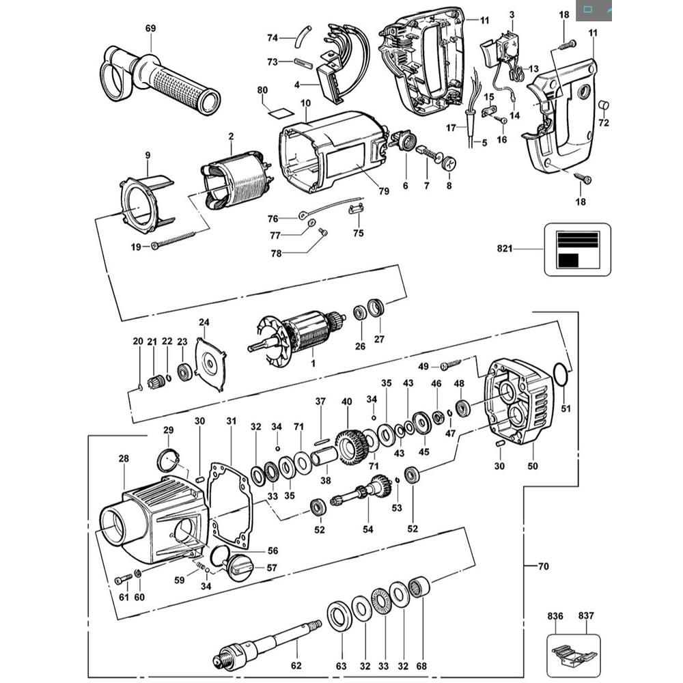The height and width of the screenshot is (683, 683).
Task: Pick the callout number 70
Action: pos(543,566)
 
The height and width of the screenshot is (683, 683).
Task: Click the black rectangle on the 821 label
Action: pos(568,260)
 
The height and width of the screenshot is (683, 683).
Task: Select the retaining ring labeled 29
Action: pos(169,461)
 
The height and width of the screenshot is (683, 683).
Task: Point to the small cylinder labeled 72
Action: pos(603,105)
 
